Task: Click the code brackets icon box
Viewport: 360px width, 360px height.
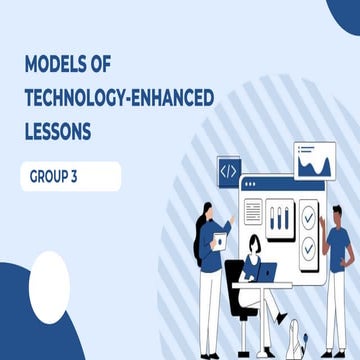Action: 229,172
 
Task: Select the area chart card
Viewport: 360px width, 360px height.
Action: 318,162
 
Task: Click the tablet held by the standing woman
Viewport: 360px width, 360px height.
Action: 217,241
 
